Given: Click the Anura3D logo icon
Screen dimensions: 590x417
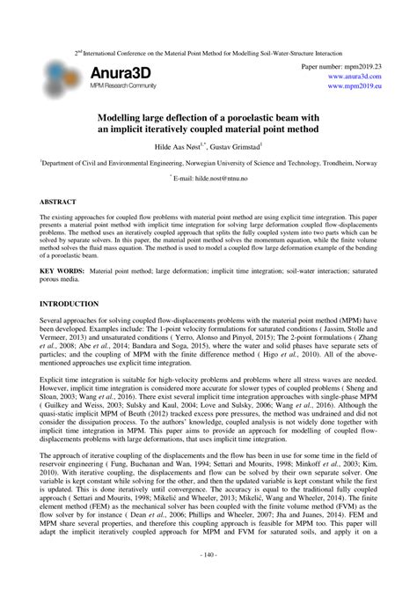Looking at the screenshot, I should tap(62, 75).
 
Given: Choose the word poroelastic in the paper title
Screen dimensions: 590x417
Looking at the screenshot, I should tap(275, 115).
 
